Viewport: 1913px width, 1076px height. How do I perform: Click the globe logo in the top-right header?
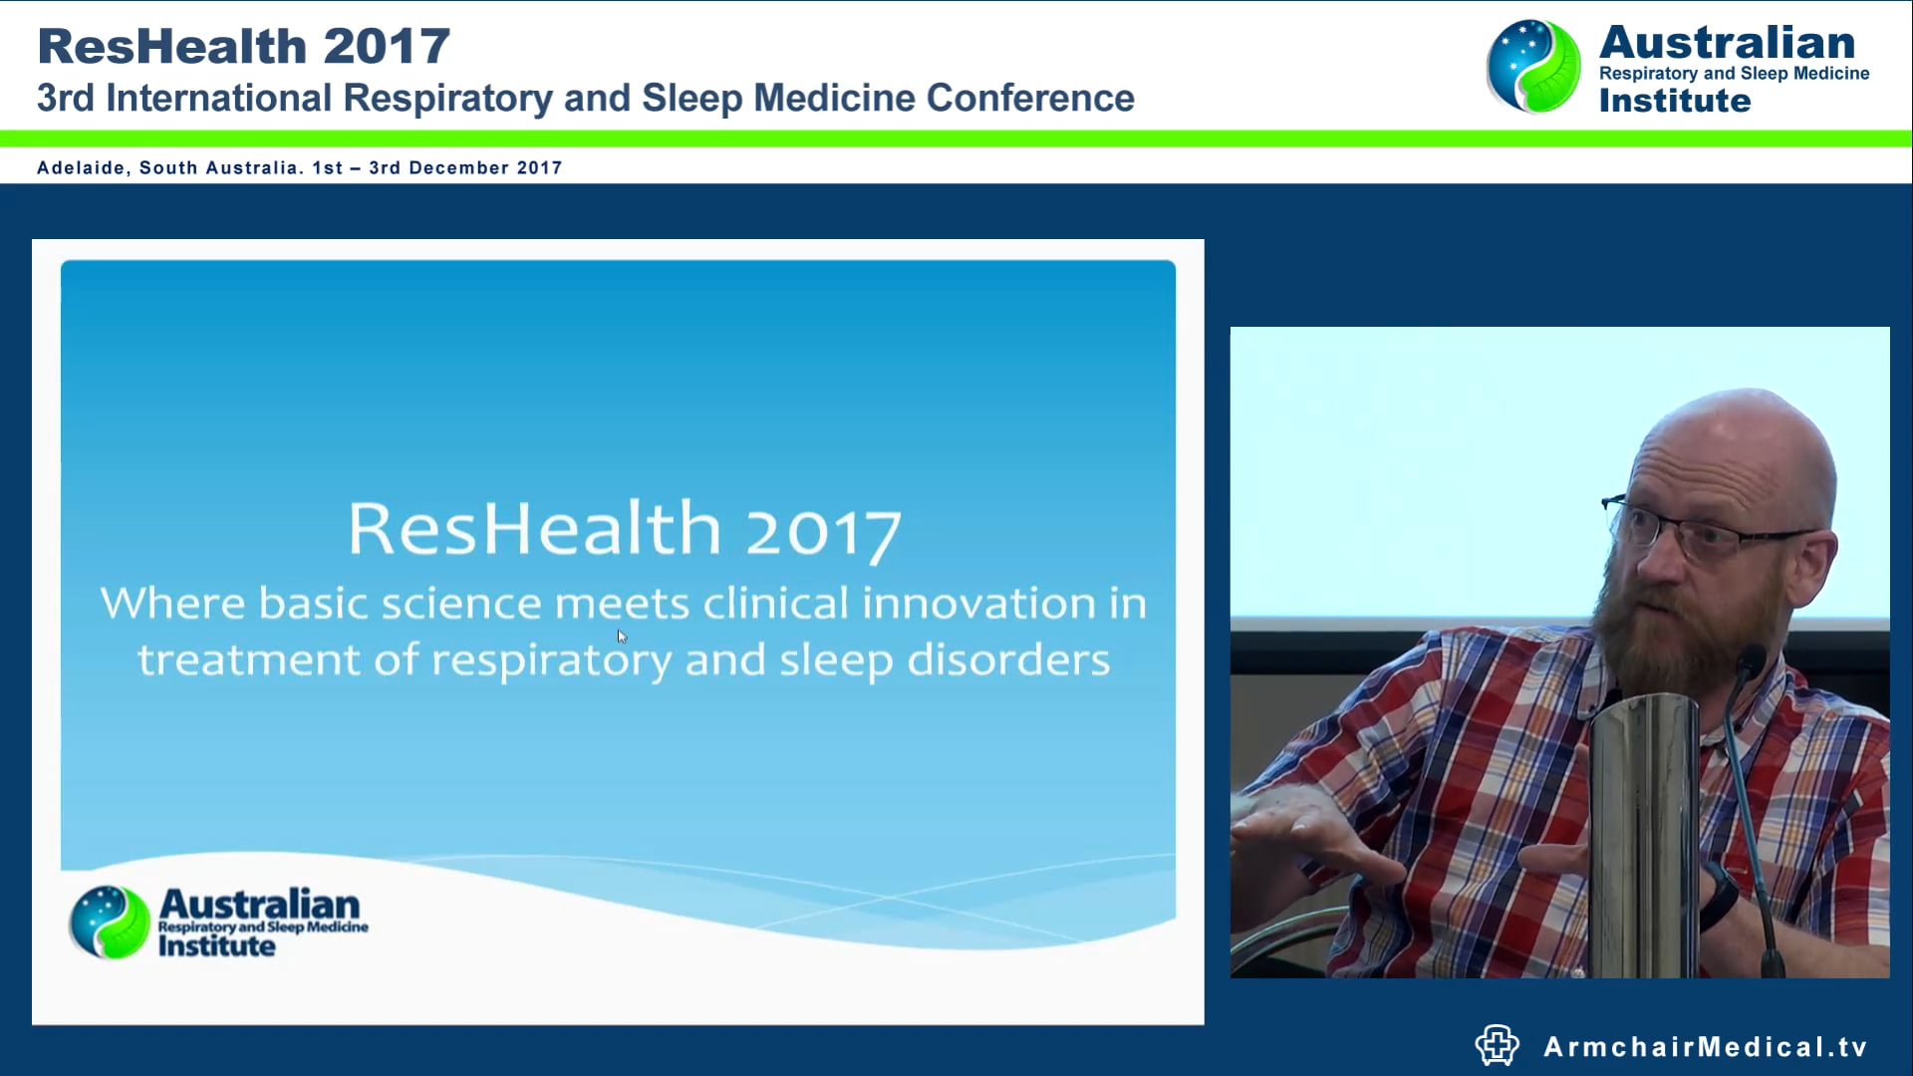(x=1532, y=67)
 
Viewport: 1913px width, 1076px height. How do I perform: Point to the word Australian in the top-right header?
(x=1727, y=43)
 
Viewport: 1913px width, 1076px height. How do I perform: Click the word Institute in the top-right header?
(x=1674, y=101)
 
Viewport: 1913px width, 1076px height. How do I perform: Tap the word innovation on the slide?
(x=978, y=604)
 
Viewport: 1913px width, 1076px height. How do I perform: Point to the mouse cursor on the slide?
(x=622, y=637)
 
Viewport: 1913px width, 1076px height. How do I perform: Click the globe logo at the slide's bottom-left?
(x=110, y=922)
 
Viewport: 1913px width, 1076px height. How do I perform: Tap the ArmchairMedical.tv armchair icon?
(x=1497, y=1045)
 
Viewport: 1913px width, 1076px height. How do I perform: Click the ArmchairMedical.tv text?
(x=1705, y=1047)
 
